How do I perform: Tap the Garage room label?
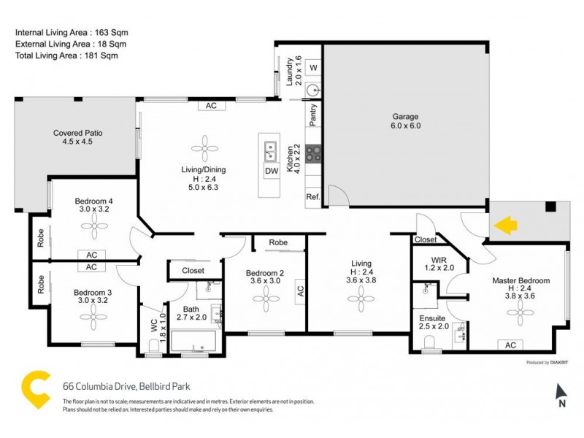tap(406, 121)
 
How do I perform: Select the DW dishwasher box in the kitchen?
tap(271, 172)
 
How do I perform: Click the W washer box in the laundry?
tap(313, 68)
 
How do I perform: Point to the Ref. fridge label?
tap(313, 197)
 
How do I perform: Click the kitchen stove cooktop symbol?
tap(314, 153)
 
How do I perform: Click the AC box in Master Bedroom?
tap(510, 345)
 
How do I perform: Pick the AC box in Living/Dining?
tap(211, 106)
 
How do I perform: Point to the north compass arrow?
tap(561, 391)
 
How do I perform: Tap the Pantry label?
tap(313, 115)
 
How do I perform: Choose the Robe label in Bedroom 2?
tap(277, 242)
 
